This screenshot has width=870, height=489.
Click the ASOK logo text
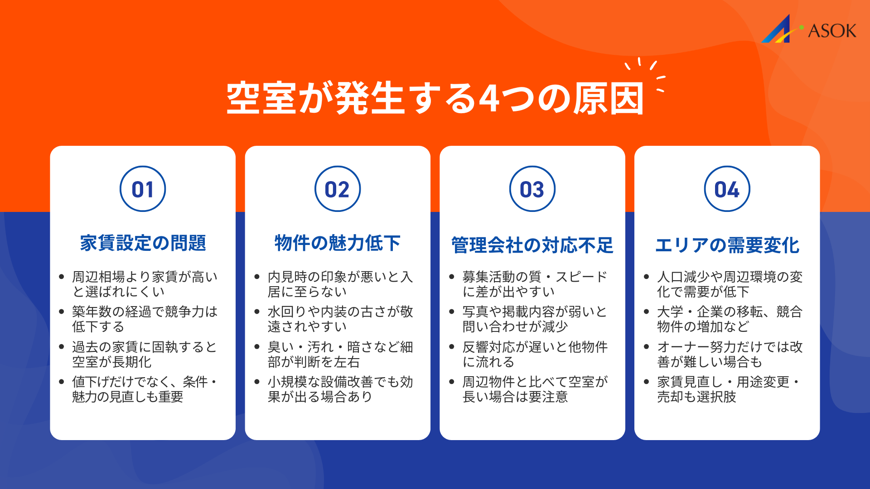click(x=832, y=31)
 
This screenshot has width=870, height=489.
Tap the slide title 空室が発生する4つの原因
click(x=435, y=99)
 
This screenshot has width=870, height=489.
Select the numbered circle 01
click(x=143, y=189)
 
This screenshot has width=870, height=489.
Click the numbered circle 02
click(x=338, y=189)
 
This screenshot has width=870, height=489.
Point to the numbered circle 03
click(x=532, y=189)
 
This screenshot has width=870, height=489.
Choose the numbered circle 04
click(x=727, y=189)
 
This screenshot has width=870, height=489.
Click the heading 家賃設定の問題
click(x=143, y=243)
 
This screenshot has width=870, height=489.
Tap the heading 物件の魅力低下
click(x=338, y=243)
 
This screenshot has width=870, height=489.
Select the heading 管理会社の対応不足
click(x=532, y=245)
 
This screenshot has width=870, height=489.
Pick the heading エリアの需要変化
click(x=727, y=245)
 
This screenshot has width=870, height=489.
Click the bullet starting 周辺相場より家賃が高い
click(x=145, y=284)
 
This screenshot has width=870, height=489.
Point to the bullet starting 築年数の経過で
click(x=145, y=319)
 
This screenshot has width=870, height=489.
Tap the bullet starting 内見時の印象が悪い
click(x=340, y=284)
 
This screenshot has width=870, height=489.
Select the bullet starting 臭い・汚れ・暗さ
click(x=340, y=354)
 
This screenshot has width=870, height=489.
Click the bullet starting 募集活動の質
click(x=535, y=284)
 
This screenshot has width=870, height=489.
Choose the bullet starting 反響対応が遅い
click(x=535, y=354)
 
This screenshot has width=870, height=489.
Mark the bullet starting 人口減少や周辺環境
click(x=730, y=284)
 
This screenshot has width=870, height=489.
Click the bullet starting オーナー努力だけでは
click(x=730, y=354)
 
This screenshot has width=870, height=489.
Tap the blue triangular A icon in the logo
click(x=778, y=30)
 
